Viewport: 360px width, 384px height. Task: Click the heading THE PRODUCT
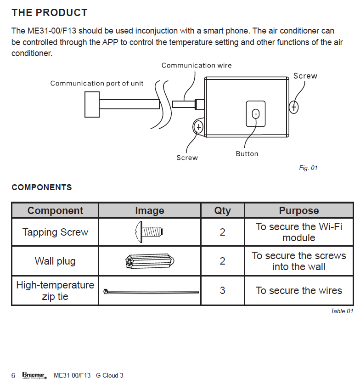50,12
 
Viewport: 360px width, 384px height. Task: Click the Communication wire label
197,66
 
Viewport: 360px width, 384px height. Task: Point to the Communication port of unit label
97,84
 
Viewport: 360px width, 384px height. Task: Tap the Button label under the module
247,154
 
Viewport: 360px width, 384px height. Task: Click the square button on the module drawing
256,113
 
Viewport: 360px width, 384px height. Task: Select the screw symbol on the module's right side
294,107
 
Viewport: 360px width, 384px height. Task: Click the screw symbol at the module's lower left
199,126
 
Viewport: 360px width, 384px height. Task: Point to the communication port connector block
92,104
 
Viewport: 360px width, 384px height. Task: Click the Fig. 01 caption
308,168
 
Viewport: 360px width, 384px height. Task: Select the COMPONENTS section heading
42,187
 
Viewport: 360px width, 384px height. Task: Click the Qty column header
223,211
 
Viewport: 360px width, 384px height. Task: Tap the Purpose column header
299,211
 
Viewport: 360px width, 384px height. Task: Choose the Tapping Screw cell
55,232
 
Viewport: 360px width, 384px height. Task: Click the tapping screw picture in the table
150,232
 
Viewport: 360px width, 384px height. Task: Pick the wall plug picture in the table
149,261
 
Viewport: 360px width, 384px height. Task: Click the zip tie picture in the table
151,291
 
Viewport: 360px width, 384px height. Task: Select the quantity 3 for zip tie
223,291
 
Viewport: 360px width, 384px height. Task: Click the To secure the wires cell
299,291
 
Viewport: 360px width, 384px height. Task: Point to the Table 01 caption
342,311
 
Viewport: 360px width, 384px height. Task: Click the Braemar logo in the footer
34,375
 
